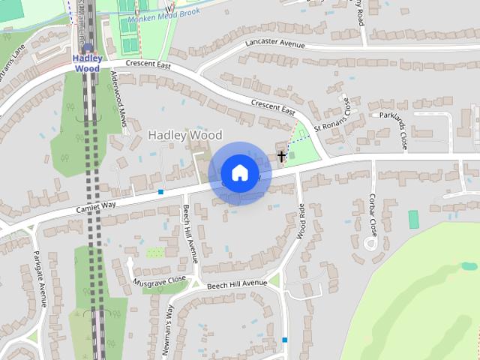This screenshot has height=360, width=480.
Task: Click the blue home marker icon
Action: point(239,173)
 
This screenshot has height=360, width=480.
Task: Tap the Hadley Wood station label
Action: point(87,63)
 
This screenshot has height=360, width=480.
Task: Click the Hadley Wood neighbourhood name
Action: point(185,135)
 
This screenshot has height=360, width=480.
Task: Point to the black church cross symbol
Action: point(282,157)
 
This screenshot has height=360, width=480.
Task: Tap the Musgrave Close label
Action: point(160,278)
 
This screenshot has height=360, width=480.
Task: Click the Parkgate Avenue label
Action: point(41,284)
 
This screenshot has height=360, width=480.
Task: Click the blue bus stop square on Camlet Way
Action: point(160,192)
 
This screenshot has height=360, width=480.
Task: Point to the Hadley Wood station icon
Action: point(87,48)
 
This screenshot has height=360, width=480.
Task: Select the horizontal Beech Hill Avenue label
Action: point(237,283)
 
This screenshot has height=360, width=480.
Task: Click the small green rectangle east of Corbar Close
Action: point(413,220)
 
